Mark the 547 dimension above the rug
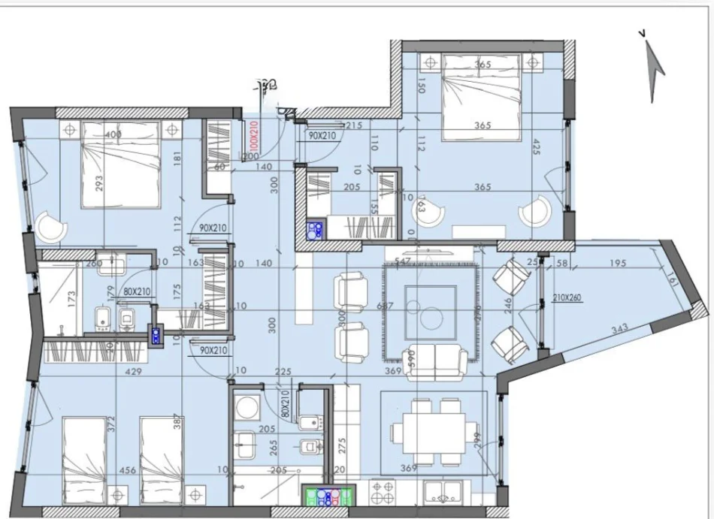pyautogui.click(x=404, y=260)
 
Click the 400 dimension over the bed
pyautogui.click(x=113, y=134)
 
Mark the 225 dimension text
pyautogui.click(x=283, y=371)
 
